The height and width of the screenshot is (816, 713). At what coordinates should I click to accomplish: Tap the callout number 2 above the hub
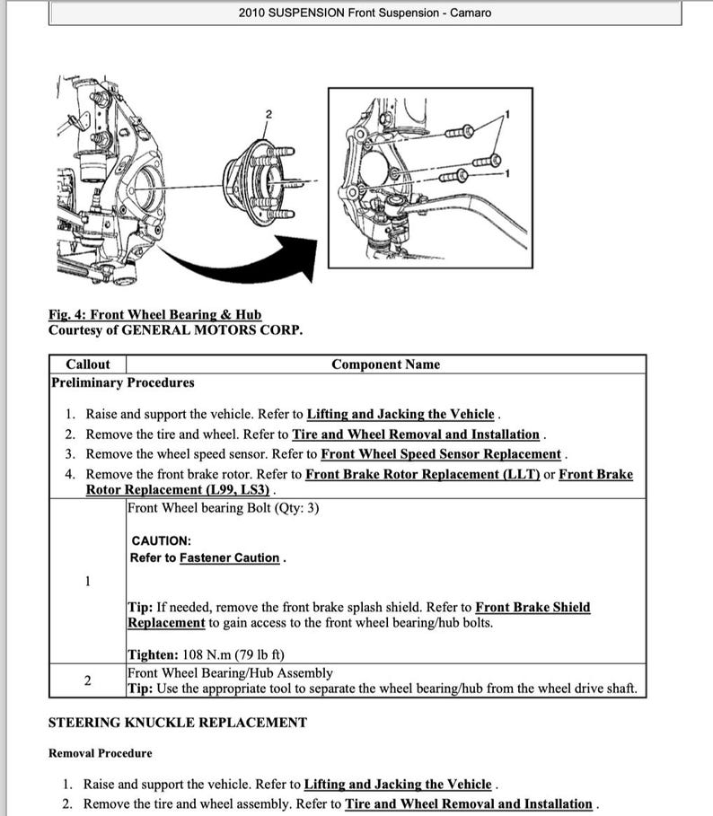click(x=267, y=114)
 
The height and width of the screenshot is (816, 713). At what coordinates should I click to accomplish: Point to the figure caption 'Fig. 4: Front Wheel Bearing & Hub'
click(x=154, y=315)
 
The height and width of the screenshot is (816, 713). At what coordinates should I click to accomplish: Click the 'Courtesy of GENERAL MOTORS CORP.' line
click(x=175, y=329)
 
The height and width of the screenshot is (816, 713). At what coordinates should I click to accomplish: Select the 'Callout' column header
click(x=88, y=364)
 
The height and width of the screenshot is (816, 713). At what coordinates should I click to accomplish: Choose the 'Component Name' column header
click(x=385, y=364)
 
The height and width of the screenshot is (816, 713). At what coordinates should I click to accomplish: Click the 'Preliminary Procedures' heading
click(x=121, y=383)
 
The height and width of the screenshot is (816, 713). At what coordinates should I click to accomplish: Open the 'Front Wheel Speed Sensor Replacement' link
click(x=440, y=454)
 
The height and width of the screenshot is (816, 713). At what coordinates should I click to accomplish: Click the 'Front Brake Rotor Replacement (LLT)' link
click(x=422, y=474)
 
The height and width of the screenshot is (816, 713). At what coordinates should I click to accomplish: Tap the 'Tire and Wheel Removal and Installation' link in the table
click(x=415, y=434)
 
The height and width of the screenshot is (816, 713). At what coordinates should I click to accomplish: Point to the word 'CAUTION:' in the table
click(x=161, y=541)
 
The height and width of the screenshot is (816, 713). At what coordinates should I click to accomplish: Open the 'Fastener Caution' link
click(x=229, y=558)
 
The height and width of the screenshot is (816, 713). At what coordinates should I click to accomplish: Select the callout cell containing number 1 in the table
click(x=87, y=581)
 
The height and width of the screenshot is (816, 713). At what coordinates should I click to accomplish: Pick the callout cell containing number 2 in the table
click(x=87, y=680)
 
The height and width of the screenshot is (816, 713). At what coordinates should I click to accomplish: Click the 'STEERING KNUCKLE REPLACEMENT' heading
click(x=177, y=723)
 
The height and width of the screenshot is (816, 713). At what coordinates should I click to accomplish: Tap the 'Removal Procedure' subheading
click(x=100, y=753)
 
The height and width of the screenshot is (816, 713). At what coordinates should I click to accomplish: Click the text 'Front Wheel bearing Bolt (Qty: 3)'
click(x=223, y=508)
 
